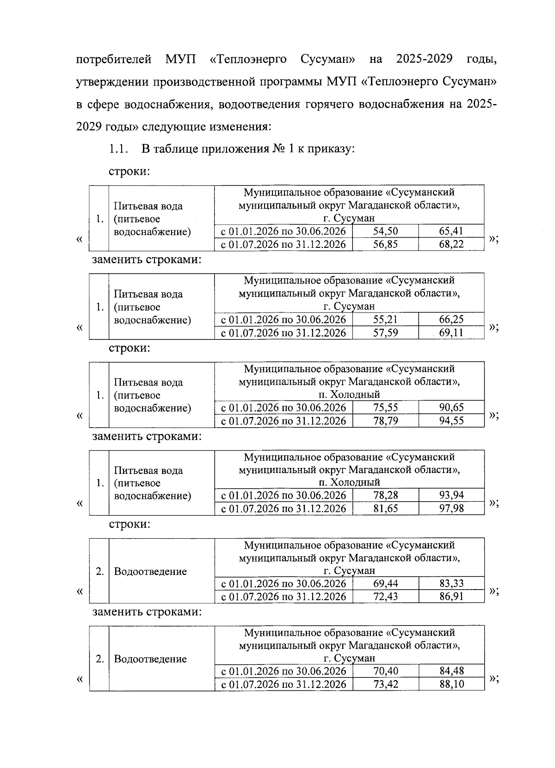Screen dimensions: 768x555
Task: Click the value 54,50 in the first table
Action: (385, 231)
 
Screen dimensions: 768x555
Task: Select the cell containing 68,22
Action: (451, 244)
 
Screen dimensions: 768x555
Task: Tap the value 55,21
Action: (385, 319)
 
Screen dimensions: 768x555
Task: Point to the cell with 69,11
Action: (451, 332)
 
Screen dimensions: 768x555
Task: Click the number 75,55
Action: (385, 407)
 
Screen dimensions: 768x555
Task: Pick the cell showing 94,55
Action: (451, 421)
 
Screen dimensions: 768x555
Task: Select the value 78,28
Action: (385, 495)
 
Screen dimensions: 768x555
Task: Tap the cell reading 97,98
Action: (451, 509)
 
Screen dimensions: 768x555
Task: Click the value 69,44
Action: (385, 584)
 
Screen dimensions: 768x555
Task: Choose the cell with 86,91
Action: (451, 596)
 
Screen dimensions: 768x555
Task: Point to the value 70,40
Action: (385, 671)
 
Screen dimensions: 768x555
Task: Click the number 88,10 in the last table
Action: (451, 684)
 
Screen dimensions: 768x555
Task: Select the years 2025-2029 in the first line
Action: (425, 60)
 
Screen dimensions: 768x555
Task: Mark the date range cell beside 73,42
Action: (284, 684)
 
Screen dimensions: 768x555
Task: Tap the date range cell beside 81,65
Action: (284, 509)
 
